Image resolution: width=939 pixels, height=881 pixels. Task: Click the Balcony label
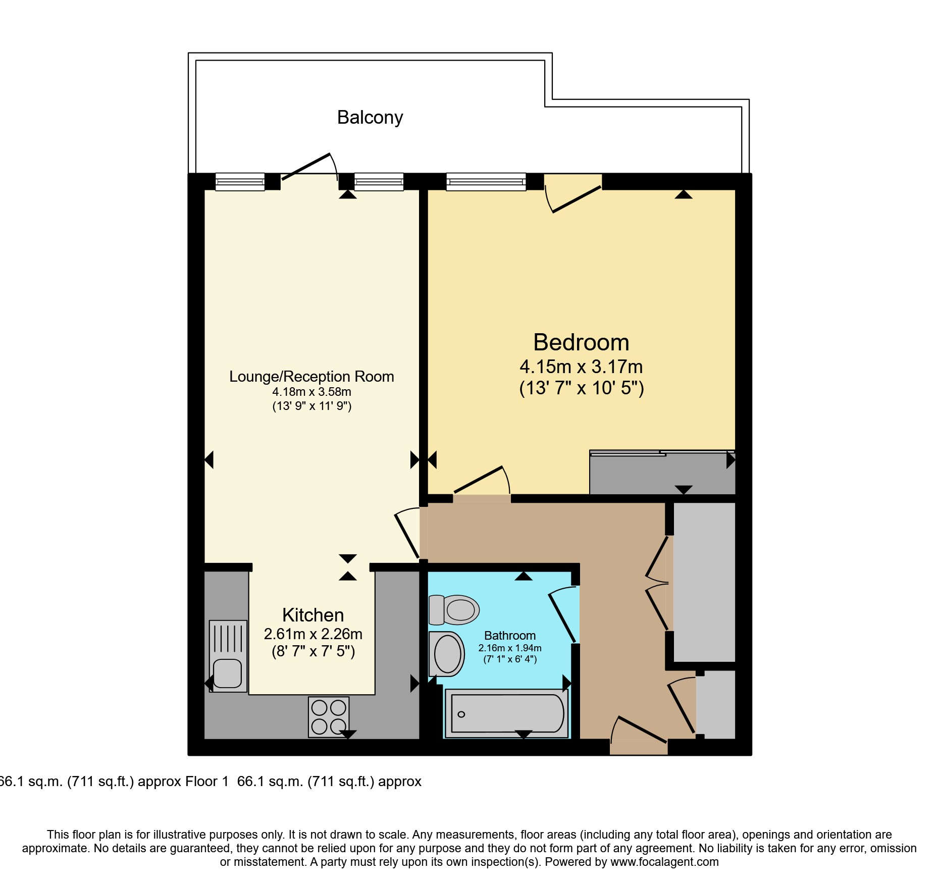click(x=370, y=117)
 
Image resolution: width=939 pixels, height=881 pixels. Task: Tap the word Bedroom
click(x=581, y=342)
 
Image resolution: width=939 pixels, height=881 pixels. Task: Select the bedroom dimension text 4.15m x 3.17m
click(x=581, y=367)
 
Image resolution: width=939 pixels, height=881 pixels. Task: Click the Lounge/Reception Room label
click(x=311, y=377)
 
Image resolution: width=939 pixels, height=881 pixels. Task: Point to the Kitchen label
click(x=313, y=615)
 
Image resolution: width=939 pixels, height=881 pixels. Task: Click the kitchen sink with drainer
click(x=228, y=656)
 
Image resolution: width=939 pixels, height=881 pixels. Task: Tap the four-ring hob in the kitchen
click(x=329, y=716)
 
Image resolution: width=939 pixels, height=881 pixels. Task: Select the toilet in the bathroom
click(x=453, y=610)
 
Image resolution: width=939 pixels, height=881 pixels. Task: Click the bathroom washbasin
click(x=447, y=654)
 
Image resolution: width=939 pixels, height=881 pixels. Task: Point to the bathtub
click(x=507, y=713)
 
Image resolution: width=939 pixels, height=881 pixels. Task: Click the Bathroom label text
click(x=510, y=636)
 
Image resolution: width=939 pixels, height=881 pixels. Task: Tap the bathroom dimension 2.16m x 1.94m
click(x=510, y=648)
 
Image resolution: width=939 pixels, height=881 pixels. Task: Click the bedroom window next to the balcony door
click(x=486, y=182)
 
